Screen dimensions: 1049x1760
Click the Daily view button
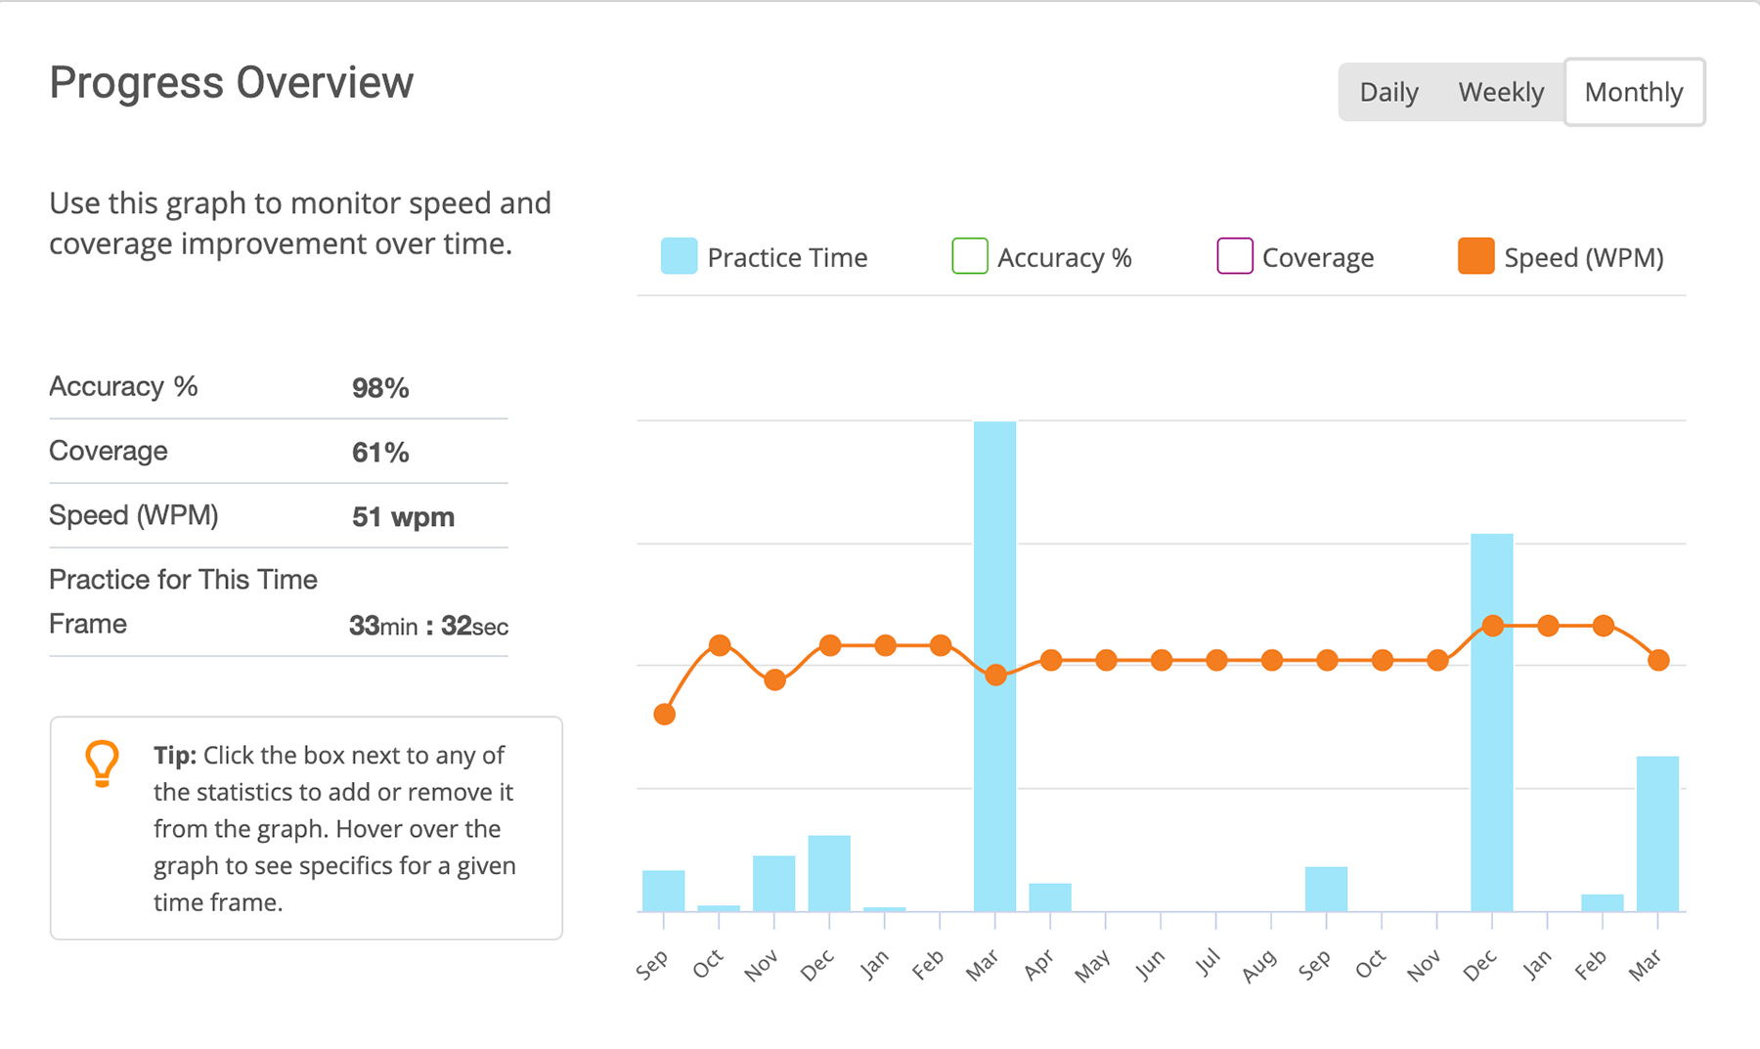[x=1388, y=92]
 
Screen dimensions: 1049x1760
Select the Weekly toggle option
[x=1501, y=92]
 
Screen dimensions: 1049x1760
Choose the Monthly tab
[x=1634, y=92]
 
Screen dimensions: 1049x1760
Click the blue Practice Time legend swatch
[x=679, y=256]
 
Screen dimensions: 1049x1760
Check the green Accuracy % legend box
[x=969, y=256]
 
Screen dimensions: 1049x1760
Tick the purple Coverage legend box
[x=1234, y=256]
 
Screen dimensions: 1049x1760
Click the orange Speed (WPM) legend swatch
[x=1475, y=256]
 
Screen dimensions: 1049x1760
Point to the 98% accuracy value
[x=380, y=388]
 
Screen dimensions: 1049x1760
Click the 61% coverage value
[x=380, y=453]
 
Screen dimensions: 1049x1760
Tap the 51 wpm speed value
[x=403, y=517]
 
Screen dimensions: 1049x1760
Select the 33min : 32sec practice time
[x=428, y=626]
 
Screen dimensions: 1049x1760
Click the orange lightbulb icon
[x=102, y=764]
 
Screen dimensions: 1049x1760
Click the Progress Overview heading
[x=232, y=83]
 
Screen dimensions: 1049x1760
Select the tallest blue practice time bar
[x=994, y=665]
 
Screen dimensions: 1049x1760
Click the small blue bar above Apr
[x=1050, y=897]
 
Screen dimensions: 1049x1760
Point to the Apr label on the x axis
[x=1038, y=965]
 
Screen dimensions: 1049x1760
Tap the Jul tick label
[x=1209, y=964]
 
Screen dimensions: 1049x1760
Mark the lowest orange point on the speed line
[x=665, y=715]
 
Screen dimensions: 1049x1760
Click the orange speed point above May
[x=1106, y=661]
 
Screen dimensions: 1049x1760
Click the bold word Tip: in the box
[x=175, y=756]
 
